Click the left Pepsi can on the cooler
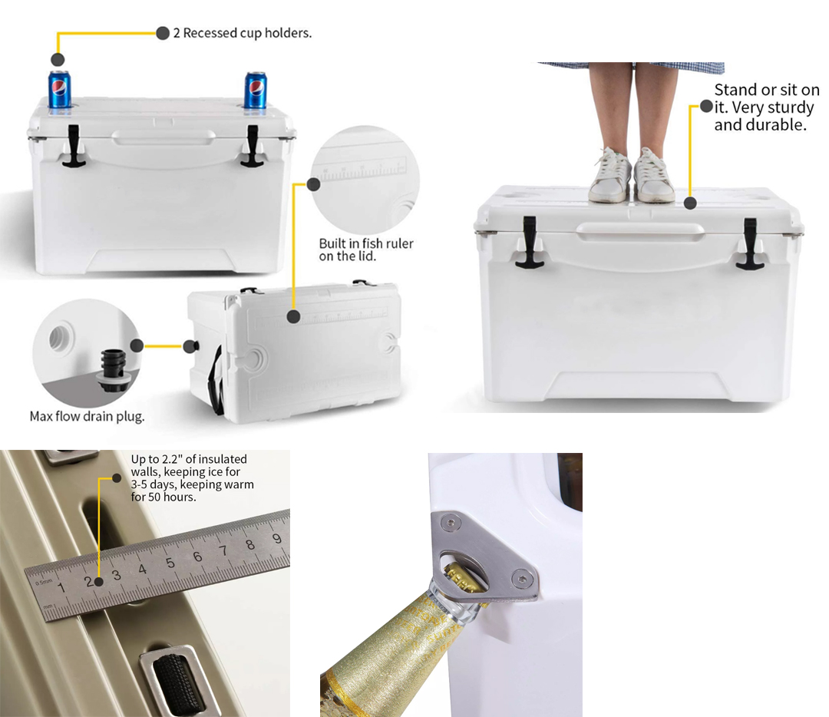(59, 90)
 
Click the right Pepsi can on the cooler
(256, 91)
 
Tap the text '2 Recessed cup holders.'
(243, 33)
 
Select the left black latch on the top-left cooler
(73, 147)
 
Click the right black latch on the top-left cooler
(253, 147)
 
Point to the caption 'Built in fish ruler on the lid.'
(366, 249)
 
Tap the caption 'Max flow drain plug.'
(88, 417)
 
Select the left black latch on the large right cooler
(529, 243)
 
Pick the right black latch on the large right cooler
(749, 244)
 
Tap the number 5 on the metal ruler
(170, 563)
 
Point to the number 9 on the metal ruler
(276, 538)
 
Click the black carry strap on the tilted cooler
(216, 380)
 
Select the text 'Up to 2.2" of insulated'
(189, 459)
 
